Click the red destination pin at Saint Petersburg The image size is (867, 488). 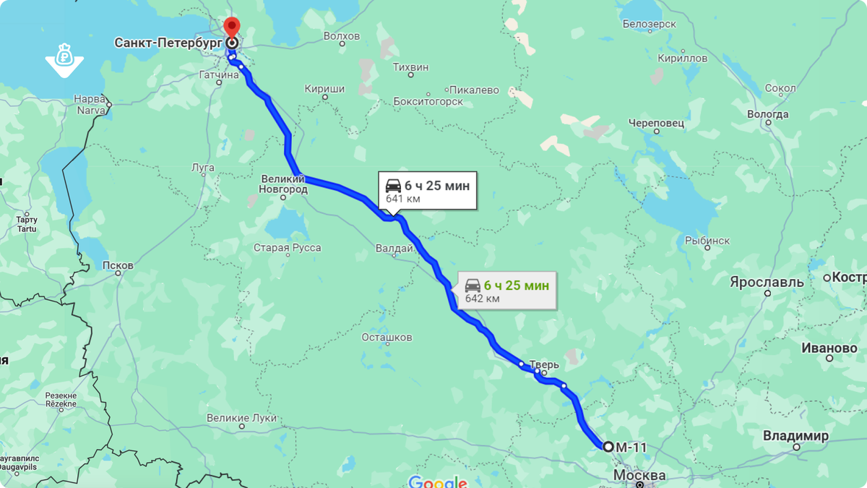point(231,27)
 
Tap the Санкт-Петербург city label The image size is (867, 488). point(168,43)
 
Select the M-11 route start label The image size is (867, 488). point(631,447)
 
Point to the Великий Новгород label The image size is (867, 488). point(283,184)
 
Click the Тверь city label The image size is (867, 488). point(544,366)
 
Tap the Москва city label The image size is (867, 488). point(639,476)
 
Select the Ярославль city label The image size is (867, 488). point(766,282)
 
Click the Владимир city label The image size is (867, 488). point(795,436)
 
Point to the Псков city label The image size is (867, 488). point(118,265)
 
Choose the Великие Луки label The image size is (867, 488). point(237,418)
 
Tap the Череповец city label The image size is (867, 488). point(656,123)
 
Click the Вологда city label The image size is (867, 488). point(768,114)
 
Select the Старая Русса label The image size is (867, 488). point(287,248)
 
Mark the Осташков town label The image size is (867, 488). point(387,337)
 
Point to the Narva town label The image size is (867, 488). point(91,103)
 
